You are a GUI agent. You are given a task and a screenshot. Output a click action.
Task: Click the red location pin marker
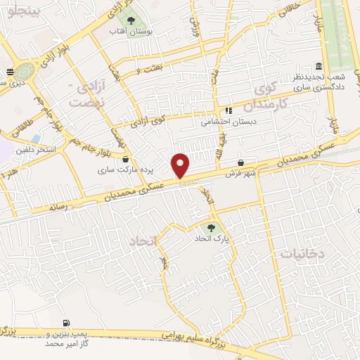(x=181, y=165)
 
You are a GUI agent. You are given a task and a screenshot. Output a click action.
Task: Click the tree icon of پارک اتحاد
(x=210, y=228)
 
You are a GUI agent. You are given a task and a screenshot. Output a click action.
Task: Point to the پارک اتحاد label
(x=213, y=240)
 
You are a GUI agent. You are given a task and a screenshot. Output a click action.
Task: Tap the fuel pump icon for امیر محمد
(x=66, y=323)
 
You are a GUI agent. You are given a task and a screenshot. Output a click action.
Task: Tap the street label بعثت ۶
(x=150, y=68)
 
